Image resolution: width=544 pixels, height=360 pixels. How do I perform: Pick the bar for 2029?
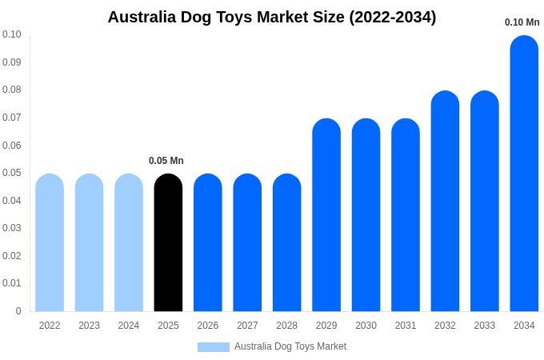pyautogui.click(x=326, y=215)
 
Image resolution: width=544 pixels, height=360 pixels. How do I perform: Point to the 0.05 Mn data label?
pyautogui.click(x=166, y=161)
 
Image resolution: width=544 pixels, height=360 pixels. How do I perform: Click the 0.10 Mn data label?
pyautogui.click(x=522, y=22)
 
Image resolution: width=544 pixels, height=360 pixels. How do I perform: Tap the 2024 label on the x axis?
pyautogui.click(x=129, y=326)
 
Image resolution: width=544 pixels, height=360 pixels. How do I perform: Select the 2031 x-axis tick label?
pyautogui.click(x=406, y=326)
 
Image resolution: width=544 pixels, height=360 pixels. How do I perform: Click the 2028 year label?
pyautogui.click(x=286, y=326)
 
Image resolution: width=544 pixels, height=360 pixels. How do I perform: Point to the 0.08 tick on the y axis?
pyautogui.click(x=11, y=90)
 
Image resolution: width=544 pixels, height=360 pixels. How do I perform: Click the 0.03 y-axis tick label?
pyautogui.click(x=11, y=228)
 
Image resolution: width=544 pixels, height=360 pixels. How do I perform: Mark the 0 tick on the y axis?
pyautogui.click(x=18, y=311)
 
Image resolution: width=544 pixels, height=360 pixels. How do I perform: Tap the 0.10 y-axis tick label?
pyautogui.click(x=11, y=34)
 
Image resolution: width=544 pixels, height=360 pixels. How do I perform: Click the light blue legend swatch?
pyautogui.click(x=213, y=346)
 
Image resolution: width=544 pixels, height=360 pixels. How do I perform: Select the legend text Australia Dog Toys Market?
pyautogui.click(x=290, y=346)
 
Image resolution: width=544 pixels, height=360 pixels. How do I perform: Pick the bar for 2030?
pyautogui.click(x=366, y=215)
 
